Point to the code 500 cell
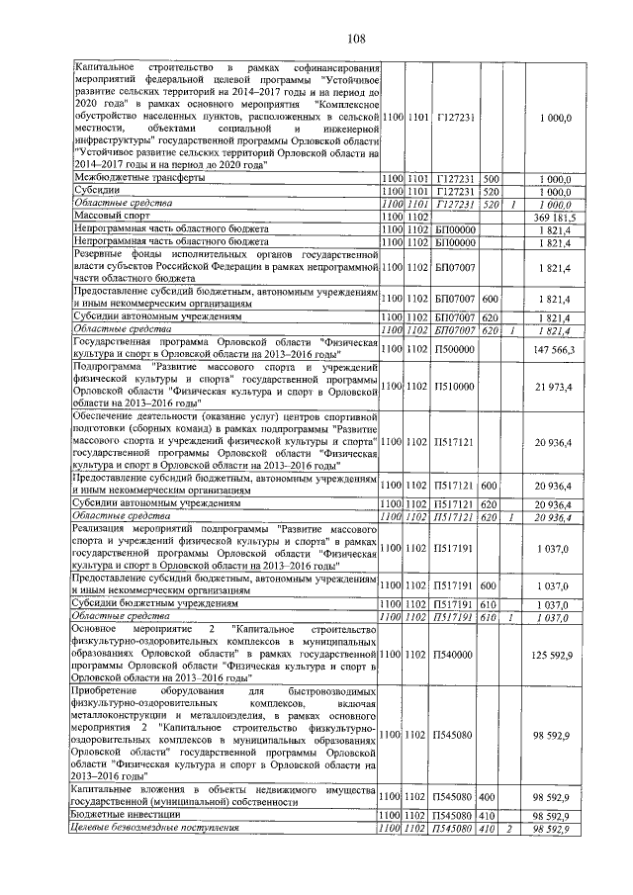[x=490, y=177]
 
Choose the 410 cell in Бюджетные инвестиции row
[x=490, y=814]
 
